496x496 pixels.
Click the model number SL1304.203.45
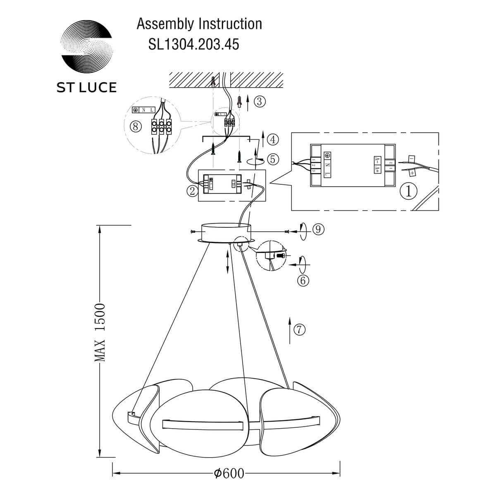click(193, 44)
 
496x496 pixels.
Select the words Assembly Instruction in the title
click(199, 24)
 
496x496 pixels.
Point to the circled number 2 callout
click(192, 191)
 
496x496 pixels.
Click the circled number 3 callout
click(259, 101)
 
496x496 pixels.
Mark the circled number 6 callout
click(303, 281)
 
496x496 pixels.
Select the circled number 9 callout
click(317, 229)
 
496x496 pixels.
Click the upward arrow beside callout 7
click(289, 331)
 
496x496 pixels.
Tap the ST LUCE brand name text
click(86, 87)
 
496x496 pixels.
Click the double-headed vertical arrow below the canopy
click(228, 261)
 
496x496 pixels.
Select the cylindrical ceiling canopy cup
click(225, 232)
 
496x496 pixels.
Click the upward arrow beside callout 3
click(247, 102)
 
